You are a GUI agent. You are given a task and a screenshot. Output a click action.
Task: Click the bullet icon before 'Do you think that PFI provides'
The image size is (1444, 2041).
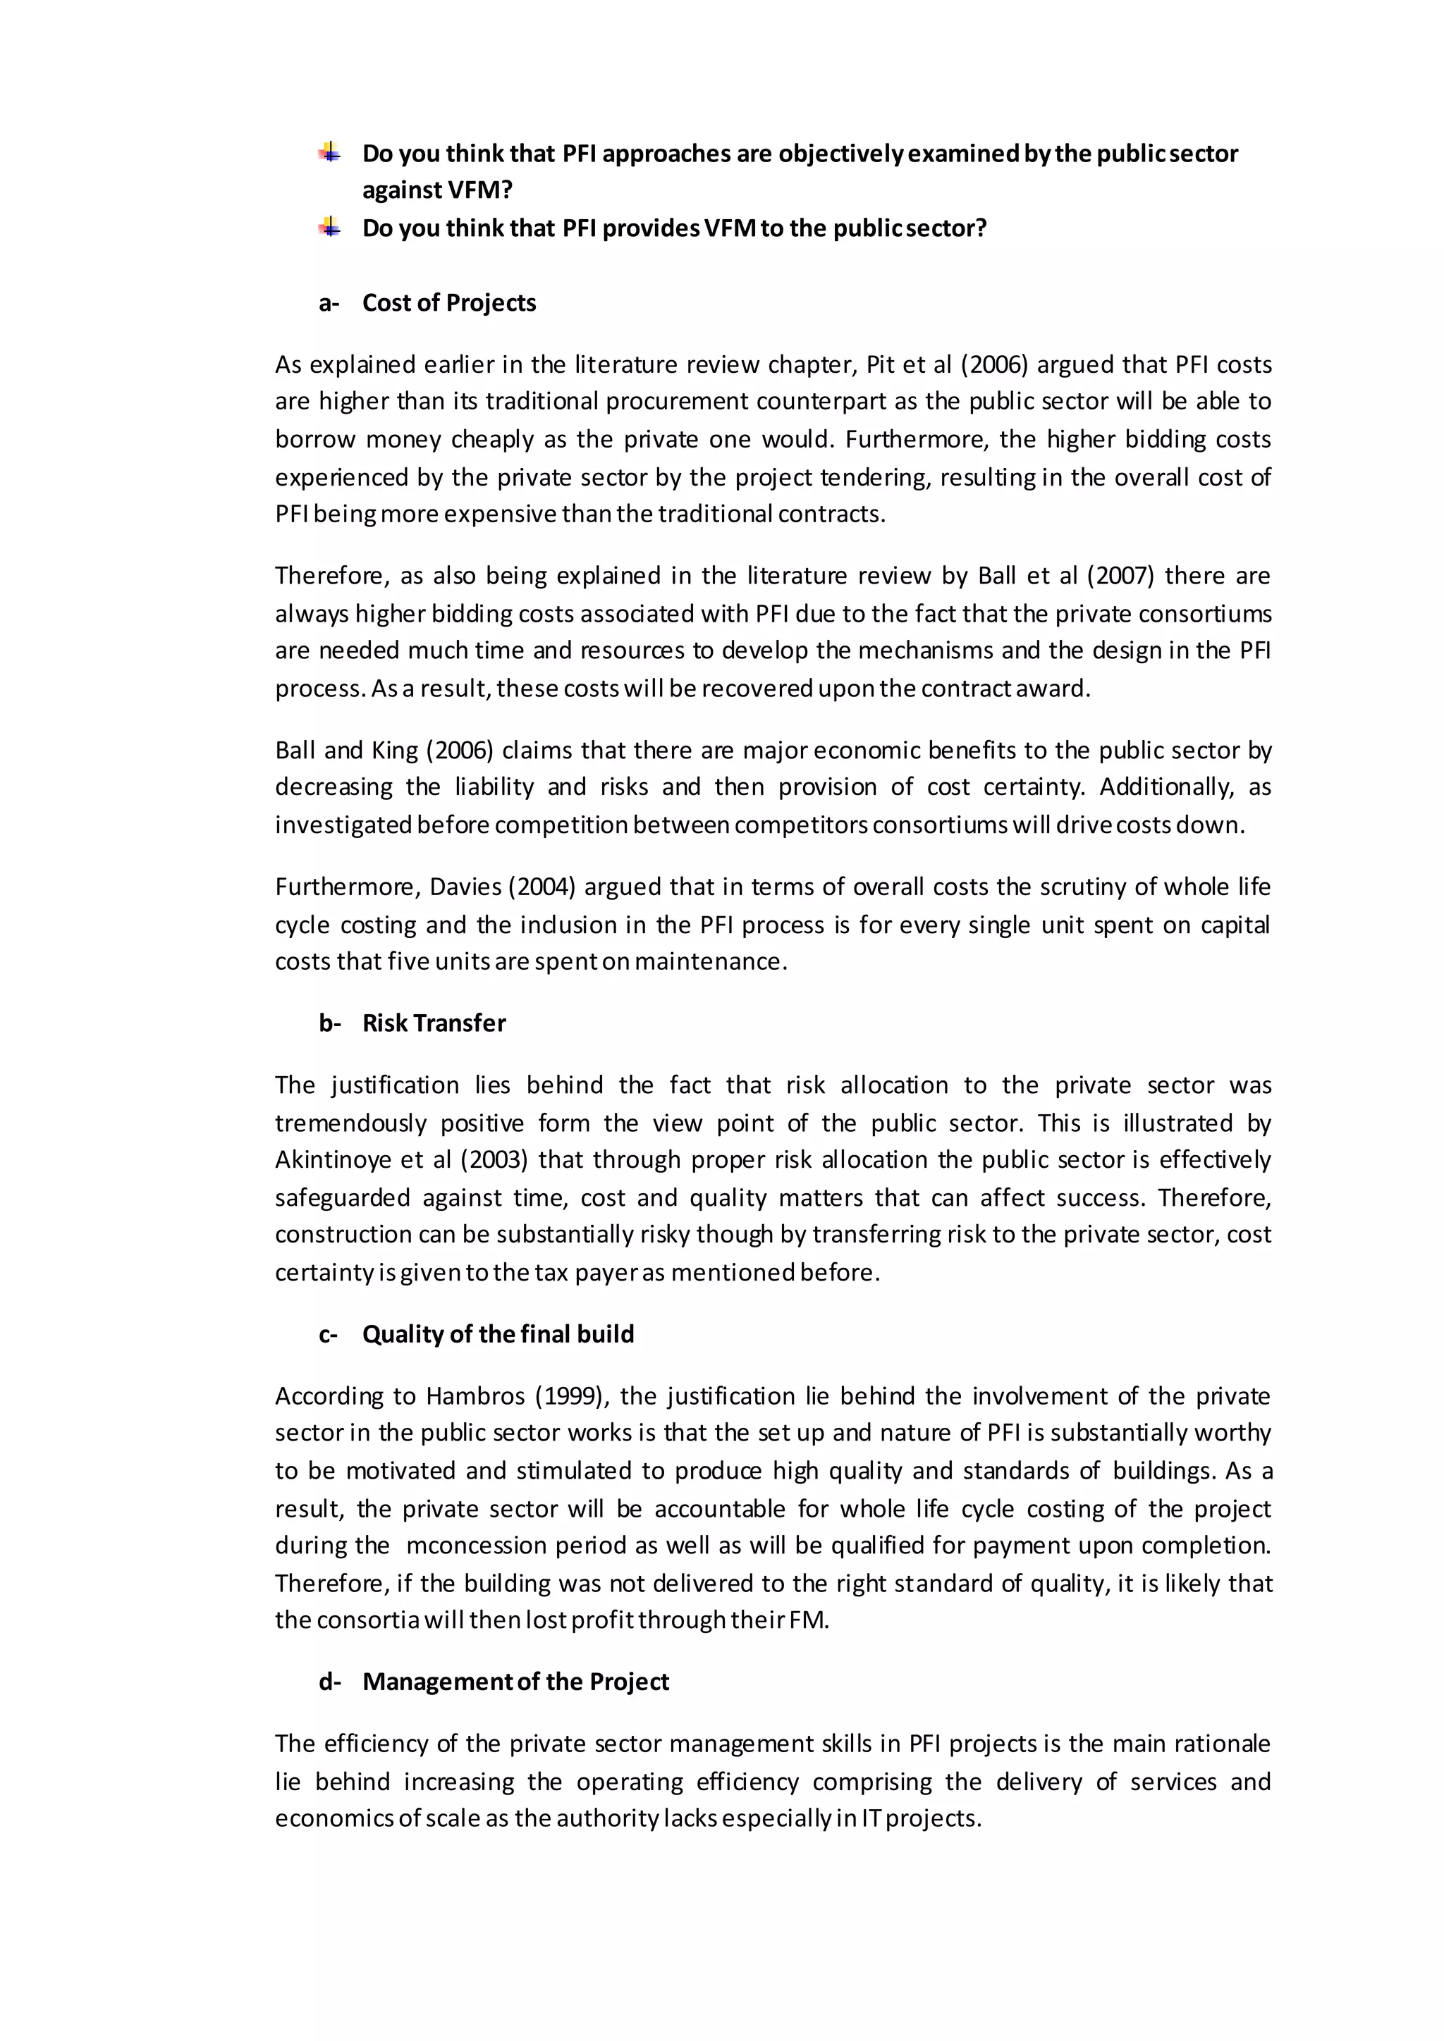tap(330, 228)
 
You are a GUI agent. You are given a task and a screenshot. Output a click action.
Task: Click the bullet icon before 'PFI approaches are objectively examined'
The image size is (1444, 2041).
tap(330, 153)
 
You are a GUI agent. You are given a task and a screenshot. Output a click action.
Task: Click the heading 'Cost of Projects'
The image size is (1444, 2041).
tap(448, 303)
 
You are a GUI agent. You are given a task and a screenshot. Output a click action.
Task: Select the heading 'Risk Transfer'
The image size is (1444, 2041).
tap(433, 1023)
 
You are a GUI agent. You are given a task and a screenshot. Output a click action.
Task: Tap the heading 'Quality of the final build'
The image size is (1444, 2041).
tap(498, 1334)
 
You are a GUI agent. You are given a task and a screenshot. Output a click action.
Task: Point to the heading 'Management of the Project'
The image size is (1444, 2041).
tap(515, 1682)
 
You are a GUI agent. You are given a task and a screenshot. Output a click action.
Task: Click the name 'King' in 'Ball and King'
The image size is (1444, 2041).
tap(395, 751)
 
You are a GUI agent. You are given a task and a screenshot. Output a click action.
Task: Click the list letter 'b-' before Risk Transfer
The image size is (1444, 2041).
tap(330, 1023)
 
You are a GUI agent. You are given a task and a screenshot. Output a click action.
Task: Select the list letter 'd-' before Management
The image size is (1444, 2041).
tap(330, 1682)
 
